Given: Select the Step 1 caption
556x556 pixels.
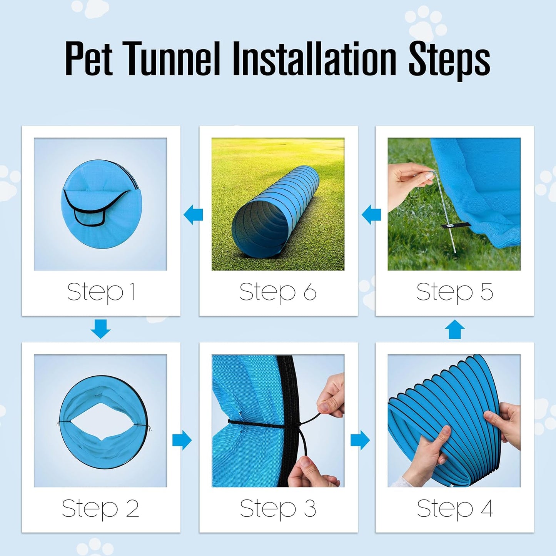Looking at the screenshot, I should coord(101,292).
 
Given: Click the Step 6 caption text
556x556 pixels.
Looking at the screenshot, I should coord(278,292).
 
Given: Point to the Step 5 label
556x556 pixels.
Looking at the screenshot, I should coord(454,292).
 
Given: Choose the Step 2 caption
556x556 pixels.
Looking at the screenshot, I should coord(100,509).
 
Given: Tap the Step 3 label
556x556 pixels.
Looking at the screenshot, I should coord(278,509).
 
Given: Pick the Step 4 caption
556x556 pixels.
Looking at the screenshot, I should coord(454,509).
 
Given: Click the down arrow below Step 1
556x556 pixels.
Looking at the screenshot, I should coord(101,329).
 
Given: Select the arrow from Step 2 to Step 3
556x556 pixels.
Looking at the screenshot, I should coord(182,440).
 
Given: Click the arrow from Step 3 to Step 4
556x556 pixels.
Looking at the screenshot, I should coord(360,440).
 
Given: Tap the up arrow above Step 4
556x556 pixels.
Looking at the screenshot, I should coord(454,329).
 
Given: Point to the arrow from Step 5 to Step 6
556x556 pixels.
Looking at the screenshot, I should coord(371,215).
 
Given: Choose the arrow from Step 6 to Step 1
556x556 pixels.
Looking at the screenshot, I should coord(193,215).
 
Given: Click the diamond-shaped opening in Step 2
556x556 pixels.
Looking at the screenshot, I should coord(103,422).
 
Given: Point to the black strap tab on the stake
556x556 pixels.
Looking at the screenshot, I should coord(456,225).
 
